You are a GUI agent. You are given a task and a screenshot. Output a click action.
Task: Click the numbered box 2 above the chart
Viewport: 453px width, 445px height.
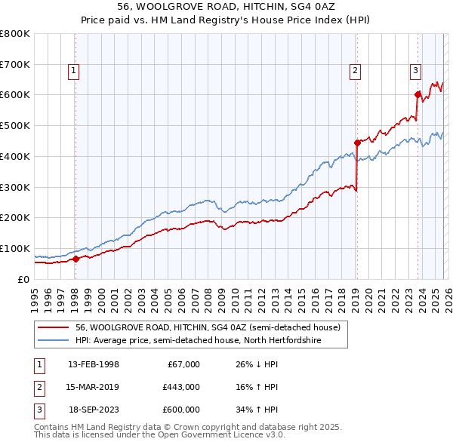pos(355,71)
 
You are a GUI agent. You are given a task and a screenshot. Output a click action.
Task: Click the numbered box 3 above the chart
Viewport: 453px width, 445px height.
pos(415,71)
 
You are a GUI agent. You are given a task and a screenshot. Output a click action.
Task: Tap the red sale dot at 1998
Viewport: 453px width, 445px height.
pos(75,259)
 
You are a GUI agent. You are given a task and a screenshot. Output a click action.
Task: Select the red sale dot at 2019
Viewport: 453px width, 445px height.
pos(357,142)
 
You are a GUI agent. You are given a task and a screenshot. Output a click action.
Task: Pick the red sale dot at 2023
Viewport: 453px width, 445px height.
pos(418,94)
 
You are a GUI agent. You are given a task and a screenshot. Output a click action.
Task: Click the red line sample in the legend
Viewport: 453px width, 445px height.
pos(54,327)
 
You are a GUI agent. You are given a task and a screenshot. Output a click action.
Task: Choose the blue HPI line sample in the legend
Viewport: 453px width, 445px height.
pos(54,341)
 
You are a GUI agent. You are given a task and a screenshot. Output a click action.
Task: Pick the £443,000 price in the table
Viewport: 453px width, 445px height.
pos(180,387)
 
